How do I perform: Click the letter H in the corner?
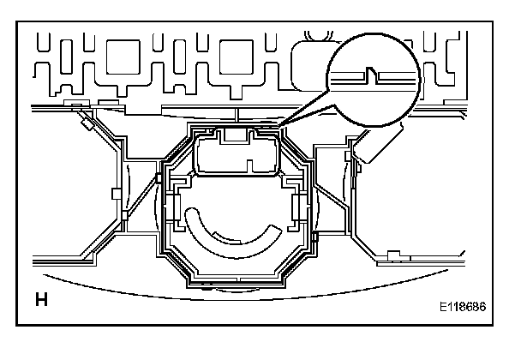pyautogui.click(x=40, y=301)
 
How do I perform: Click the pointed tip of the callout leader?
pyautogui.click(x=276, y=129)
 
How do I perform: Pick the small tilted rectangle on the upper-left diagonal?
pyautogui.click(x=87, y=123)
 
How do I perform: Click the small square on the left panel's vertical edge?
pyautogui.click(x=117, y=194)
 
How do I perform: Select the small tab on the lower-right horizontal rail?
pyautogui.click(x=392, y=254)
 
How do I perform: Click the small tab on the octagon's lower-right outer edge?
pyautogui.click(x=315, y=232)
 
